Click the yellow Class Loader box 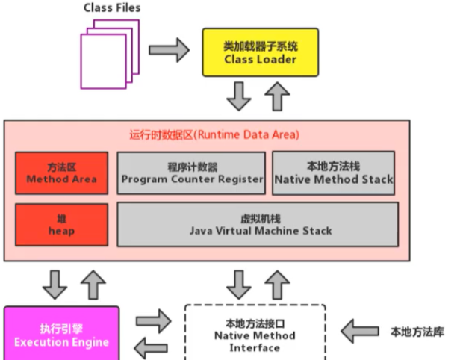[260, 52]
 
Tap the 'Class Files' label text [112, 8]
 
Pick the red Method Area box [61, 173]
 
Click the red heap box [61, 226]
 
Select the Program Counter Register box [192, 173]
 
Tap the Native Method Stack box [334, 173]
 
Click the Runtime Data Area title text [214, 135]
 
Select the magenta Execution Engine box [61, 335]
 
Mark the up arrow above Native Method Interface [279, 284]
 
